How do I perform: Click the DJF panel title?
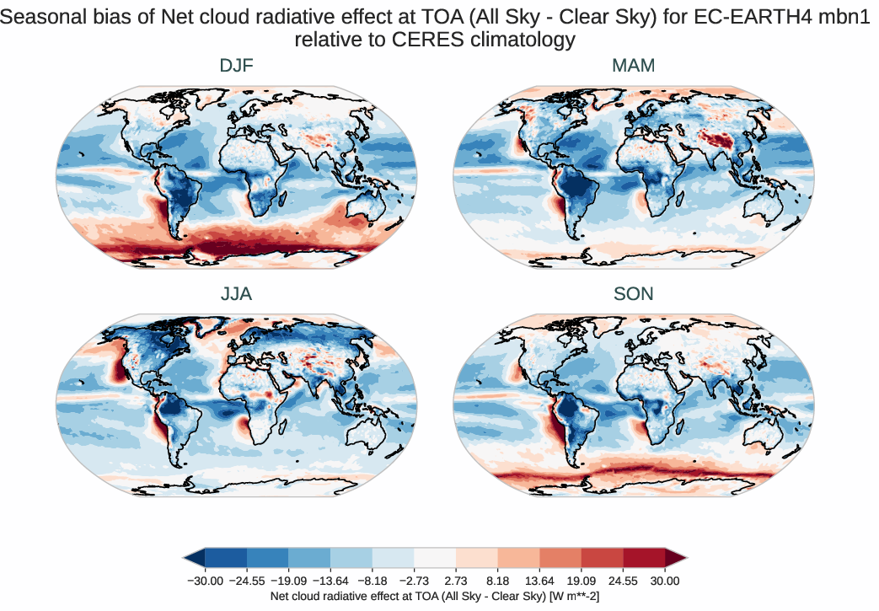click(x=236, y=66)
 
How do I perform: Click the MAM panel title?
click(x=634, y=66)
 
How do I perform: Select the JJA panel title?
click(x=236, y=294)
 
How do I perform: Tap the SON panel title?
click(x=634, y=294)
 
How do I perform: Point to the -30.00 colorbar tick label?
click(x=204, y=581)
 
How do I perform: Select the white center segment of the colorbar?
click(x=435, y=557)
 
